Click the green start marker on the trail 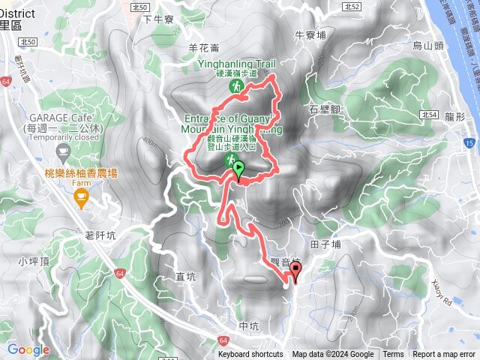(238, 171)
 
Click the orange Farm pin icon (81, 197)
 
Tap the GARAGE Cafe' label (61, 118)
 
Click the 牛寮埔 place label (310, 34)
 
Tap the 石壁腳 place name (324, 109)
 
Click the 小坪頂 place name (34, 262)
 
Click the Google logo (28, 349)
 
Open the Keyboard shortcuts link (250, 355)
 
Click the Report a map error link (444, 355)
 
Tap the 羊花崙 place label (204, 47)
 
